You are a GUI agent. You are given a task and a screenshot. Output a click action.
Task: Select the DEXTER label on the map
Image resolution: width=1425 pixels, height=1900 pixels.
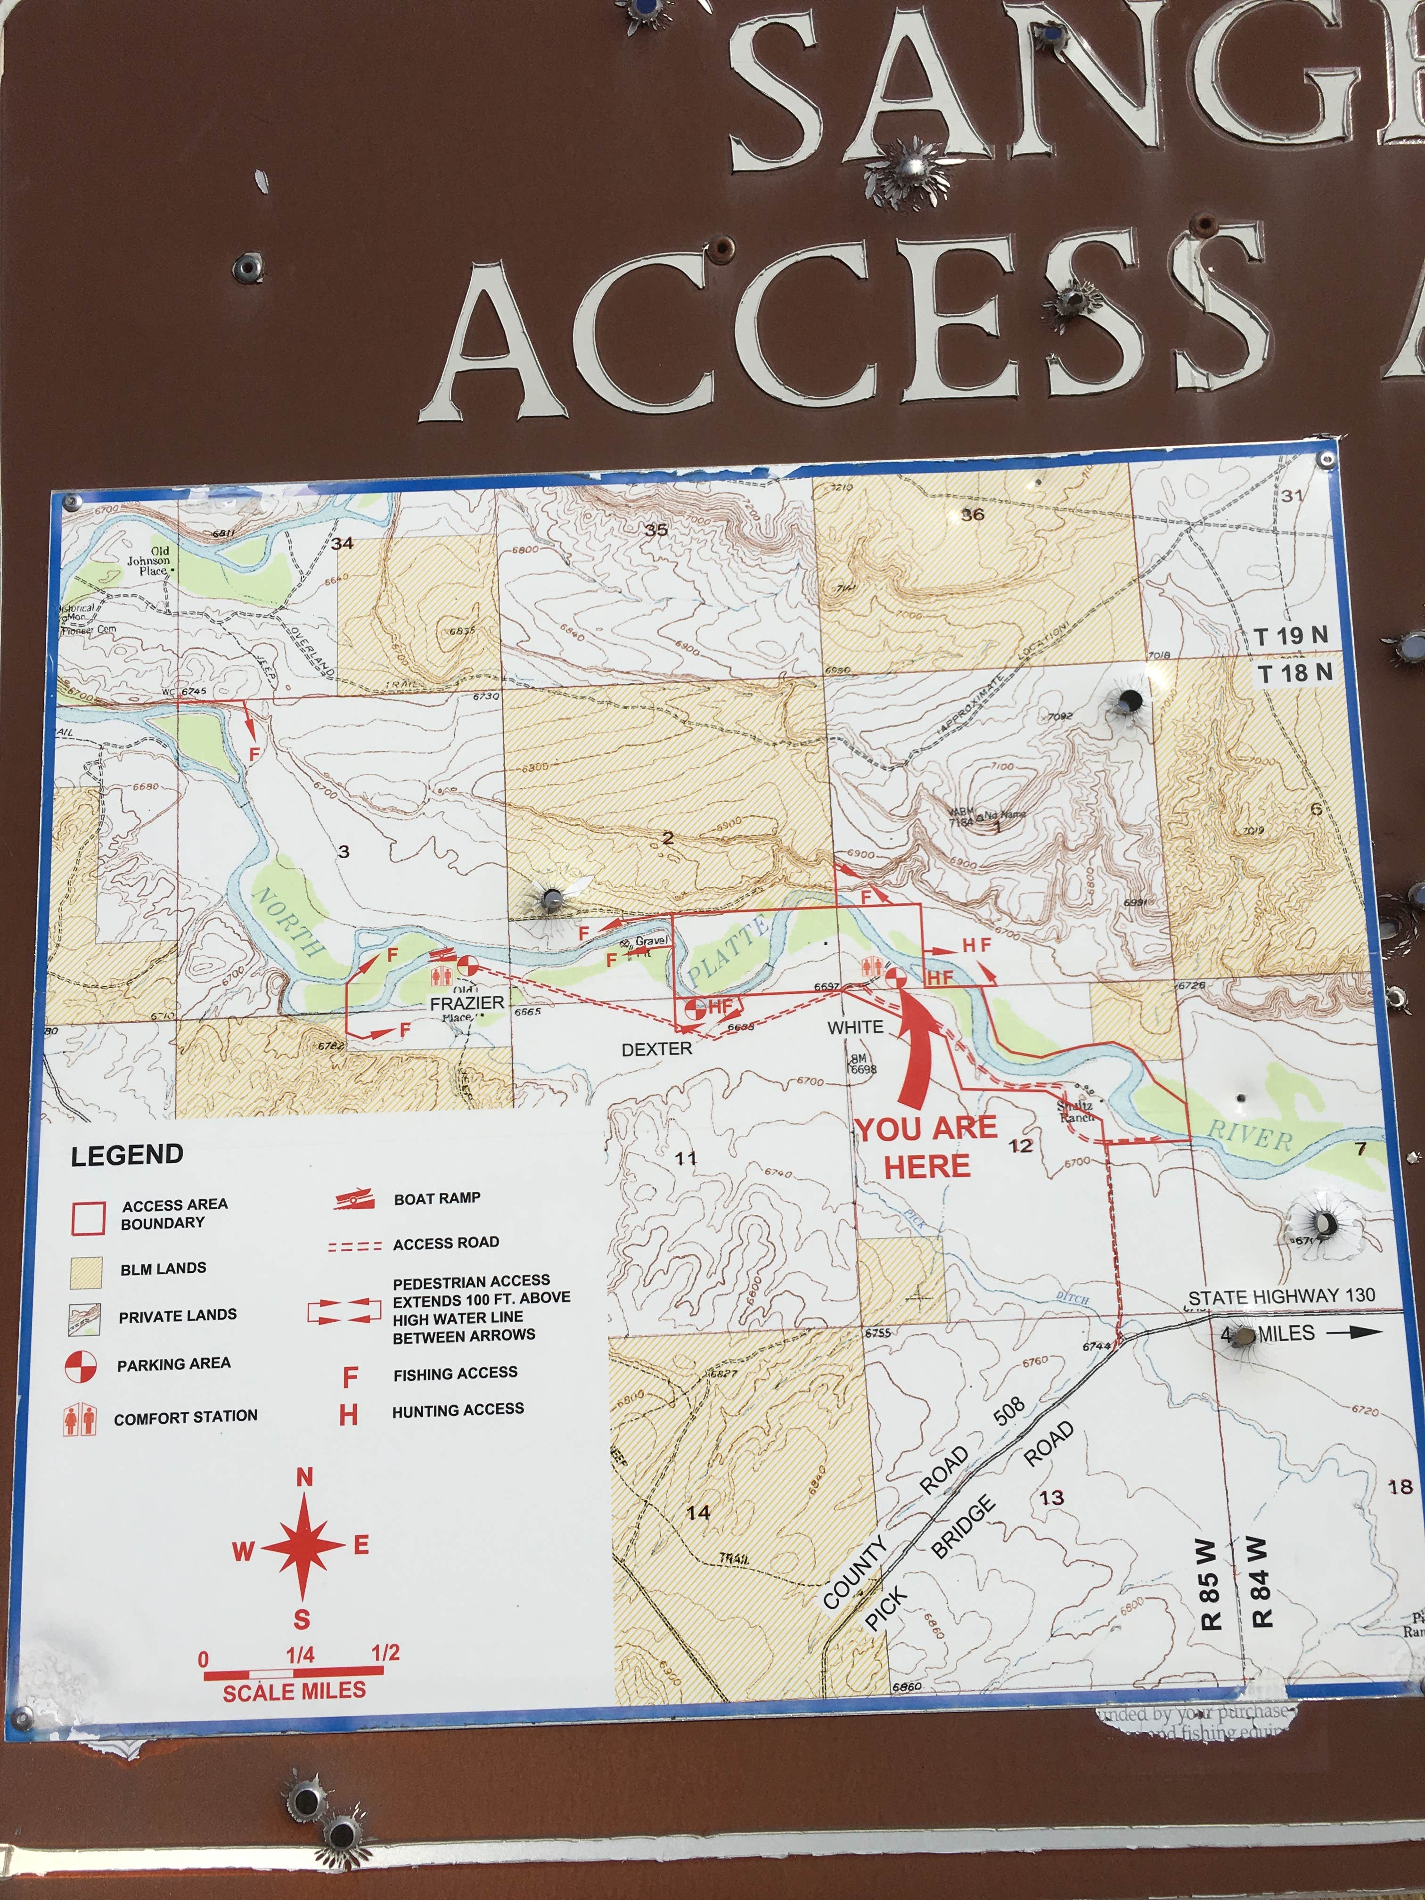point(656,1049)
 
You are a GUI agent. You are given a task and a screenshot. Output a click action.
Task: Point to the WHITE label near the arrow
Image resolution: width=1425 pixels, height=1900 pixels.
point(855,1027)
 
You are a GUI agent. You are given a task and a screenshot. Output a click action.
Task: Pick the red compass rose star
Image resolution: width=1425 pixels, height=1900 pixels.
point(303,1546)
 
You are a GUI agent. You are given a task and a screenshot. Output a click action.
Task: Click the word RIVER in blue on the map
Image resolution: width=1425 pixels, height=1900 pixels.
point(1250,1137)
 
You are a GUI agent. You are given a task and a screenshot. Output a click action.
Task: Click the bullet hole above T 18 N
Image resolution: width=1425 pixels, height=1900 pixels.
point(1130,701)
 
